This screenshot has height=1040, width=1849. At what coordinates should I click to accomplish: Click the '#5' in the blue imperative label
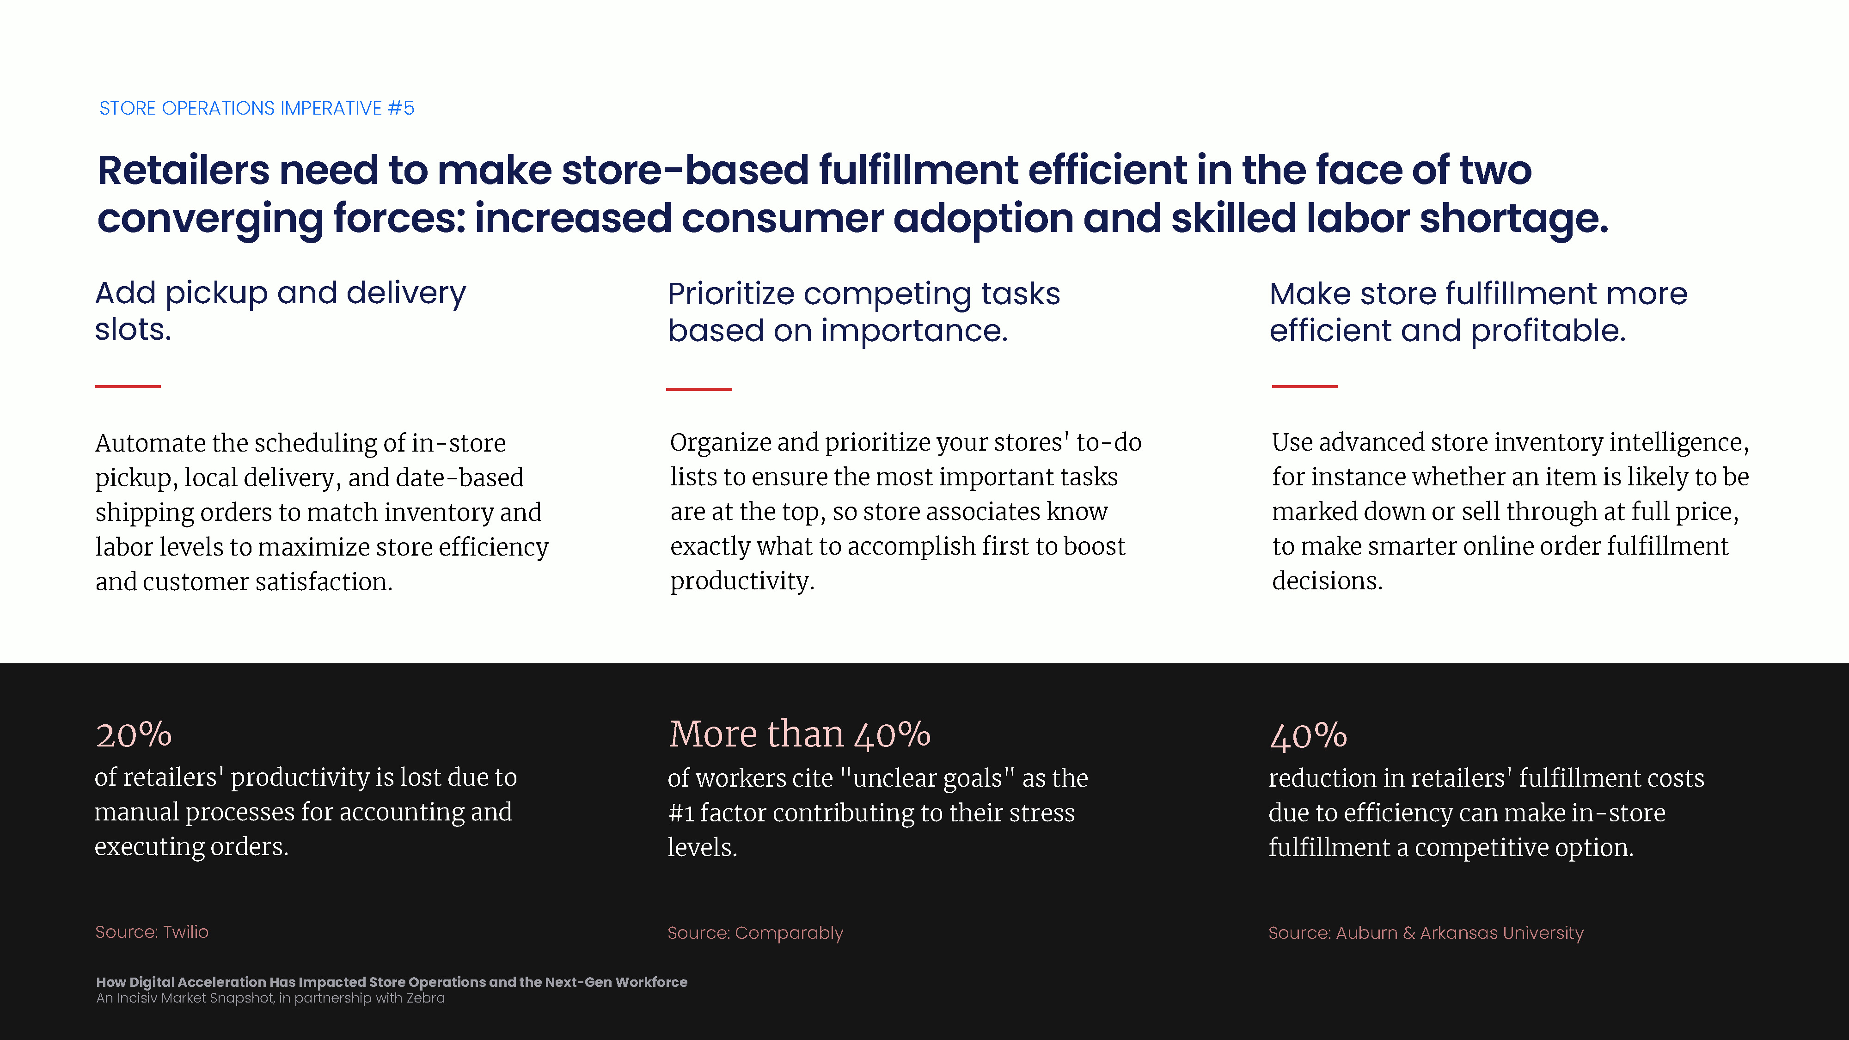401,108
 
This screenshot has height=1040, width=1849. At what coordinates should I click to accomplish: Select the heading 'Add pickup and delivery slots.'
281,311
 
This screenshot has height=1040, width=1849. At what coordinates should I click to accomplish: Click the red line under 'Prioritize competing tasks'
699,389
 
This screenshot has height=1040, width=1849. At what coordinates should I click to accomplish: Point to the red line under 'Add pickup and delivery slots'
128,386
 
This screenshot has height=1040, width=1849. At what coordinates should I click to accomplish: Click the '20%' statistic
134,735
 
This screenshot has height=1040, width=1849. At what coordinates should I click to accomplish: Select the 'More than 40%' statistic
800,734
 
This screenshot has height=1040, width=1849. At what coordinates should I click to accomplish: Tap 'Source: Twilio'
152,932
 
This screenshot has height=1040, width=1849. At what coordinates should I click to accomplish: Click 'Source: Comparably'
755,933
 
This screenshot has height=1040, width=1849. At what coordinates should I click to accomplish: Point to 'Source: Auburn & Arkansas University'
1426,933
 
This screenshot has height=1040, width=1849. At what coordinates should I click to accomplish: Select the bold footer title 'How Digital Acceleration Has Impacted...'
392,982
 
